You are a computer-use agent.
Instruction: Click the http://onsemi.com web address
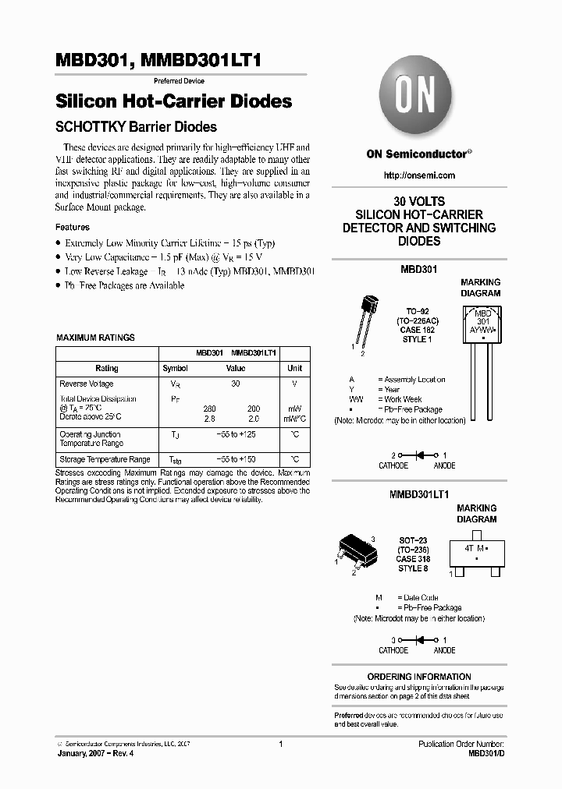point(419,175)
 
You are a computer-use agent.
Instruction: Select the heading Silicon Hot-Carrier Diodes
point(174,101)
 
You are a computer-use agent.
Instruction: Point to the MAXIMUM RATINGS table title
point(95,338)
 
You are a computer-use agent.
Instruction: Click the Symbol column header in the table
point(175,368)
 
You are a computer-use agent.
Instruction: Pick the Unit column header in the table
point(294,368)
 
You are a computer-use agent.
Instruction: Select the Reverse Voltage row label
point(87,384)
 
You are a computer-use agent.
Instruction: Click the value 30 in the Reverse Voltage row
point(236,384)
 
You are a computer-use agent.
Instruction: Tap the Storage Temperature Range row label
point(105,460)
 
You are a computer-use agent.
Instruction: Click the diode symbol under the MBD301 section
point(419,455)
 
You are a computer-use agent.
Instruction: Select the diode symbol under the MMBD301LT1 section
point(419,639)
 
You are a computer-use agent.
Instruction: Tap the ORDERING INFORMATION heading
point(419,677)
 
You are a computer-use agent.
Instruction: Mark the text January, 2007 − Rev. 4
point(90,755)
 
